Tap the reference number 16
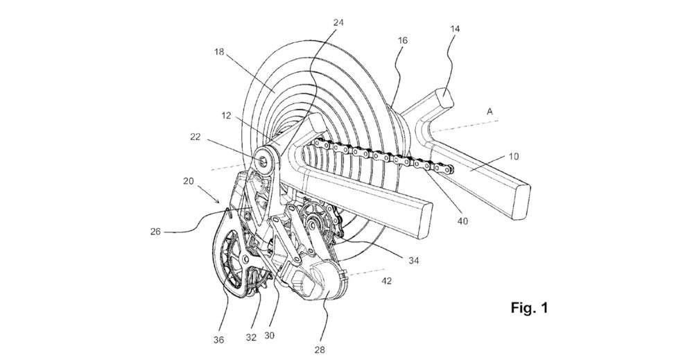click(403, 41)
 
